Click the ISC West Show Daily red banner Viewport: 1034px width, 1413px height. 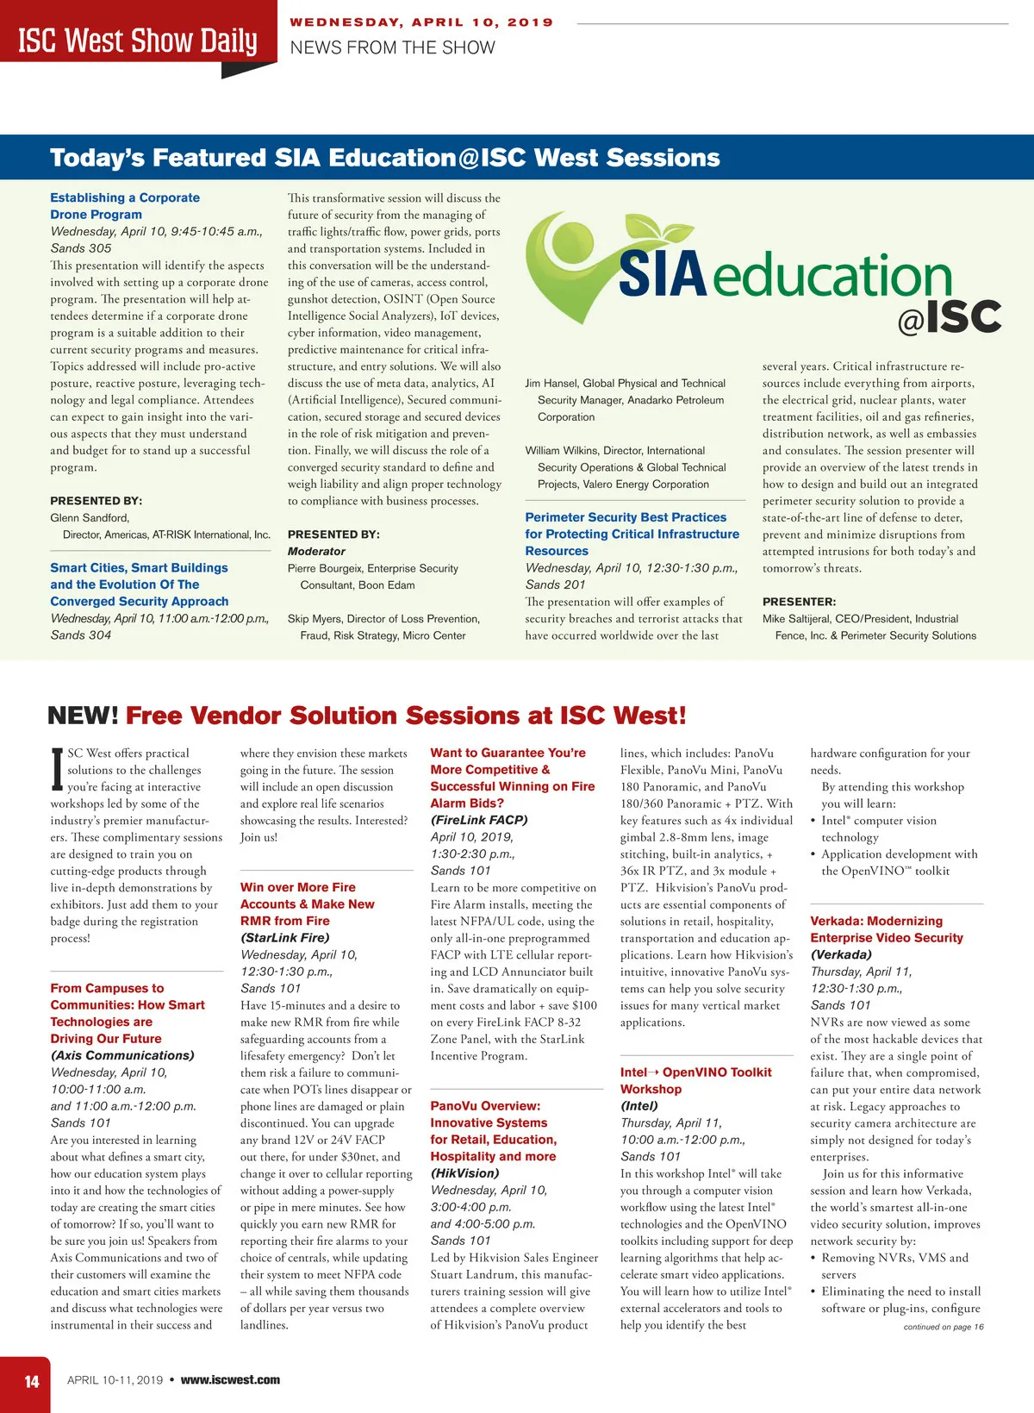coord(138,41)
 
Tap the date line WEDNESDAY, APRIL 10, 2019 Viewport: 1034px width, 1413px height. coord(421,22)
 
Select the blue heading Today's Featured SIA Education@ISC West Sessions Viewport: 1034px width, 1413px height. coord(384,158)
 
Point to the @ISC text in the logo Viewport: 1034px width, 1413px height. coord(949,317)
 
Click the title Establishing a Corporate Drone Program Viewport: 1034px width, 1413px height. coord(124,206)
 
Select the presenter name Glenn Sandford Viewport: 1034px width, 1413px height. coord(90,518)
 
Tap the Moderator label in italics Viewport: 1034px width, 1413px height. coord(316,552)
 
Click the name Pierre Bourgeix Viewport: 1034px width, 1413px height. coord(326,569)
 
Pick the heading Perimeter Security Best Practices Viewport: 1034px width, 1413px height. coord(626,518)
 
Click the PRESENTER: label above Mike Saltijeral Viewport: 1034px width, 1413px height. coord(799,602)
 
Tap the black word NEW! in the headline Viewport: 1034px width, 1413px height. coord(83,716)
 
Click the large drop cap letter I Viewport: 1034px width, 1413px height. coord(57,768)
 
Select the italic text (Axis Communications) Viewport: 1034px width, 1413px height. coord(122,1056)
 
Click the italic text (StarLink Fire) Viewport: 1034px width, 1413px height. coord(284,938)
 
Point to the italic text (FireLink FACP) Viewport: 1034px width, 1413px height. coord(479,820)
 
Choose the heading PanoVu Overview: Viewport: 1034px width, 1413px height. coord(485,1106)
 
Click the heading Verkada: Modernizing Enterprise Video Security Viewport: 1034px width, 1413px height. coord(887,929)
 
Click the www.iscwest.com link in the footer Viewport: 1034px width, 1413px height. coord(230,1380)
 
